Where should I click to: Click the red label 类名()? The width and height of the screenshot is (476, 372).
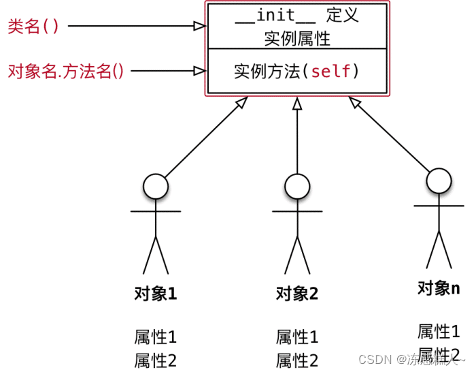(33, 27)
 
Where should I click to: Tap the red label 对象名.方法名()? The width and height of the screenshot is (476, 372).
(66, 71)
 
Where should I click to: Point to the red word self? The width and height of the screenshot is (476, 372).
(332, 71)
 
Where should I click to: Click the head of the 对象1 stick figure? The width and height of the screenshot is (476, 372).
(156, 186)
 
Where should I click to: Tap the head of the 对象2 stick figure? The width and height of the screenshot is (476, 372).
(297, 186)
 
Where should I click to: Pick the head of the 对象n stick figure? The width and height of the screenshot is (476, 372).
(439, 181)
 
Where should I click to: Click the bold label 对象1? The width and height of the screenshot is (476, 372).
(156, 294)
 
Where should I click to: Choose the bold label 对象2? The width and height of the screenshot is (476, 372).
(297, 294)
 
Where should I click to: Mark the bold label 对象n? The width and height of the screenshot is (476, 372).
(439, 289)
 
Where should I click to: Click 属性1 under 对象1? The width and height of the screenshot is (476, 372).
(156, 337)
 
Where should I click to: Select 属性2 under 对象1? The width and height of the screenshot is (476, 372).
(156, 360)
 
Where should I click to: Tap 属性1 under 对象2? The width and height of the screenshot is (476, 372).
(297, 337)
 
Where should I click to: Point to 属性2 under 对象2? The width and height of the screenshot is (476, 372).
(297, 360)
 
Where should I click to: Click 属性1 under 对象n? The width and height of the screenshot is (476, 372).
(439, 332)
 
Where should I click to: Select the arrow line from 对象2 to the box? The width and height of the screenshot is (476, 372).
(297, 136)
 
